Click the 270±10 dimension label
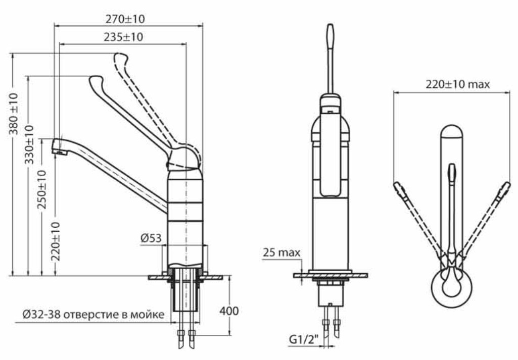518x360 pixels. point(125,19)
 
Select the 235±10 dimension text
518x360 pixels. point(123,37)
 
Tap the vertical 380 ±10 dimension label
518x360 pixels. point(14,114)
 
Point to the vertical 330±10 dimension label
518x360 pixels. point(30,144)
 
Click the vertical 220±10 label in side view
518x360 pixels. point(56,241)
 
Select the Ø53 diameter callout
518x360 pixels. point(151,238)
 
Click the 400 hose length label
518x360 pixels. point(229,311)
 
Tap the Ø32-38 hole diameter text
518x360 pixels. point(41,315)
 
